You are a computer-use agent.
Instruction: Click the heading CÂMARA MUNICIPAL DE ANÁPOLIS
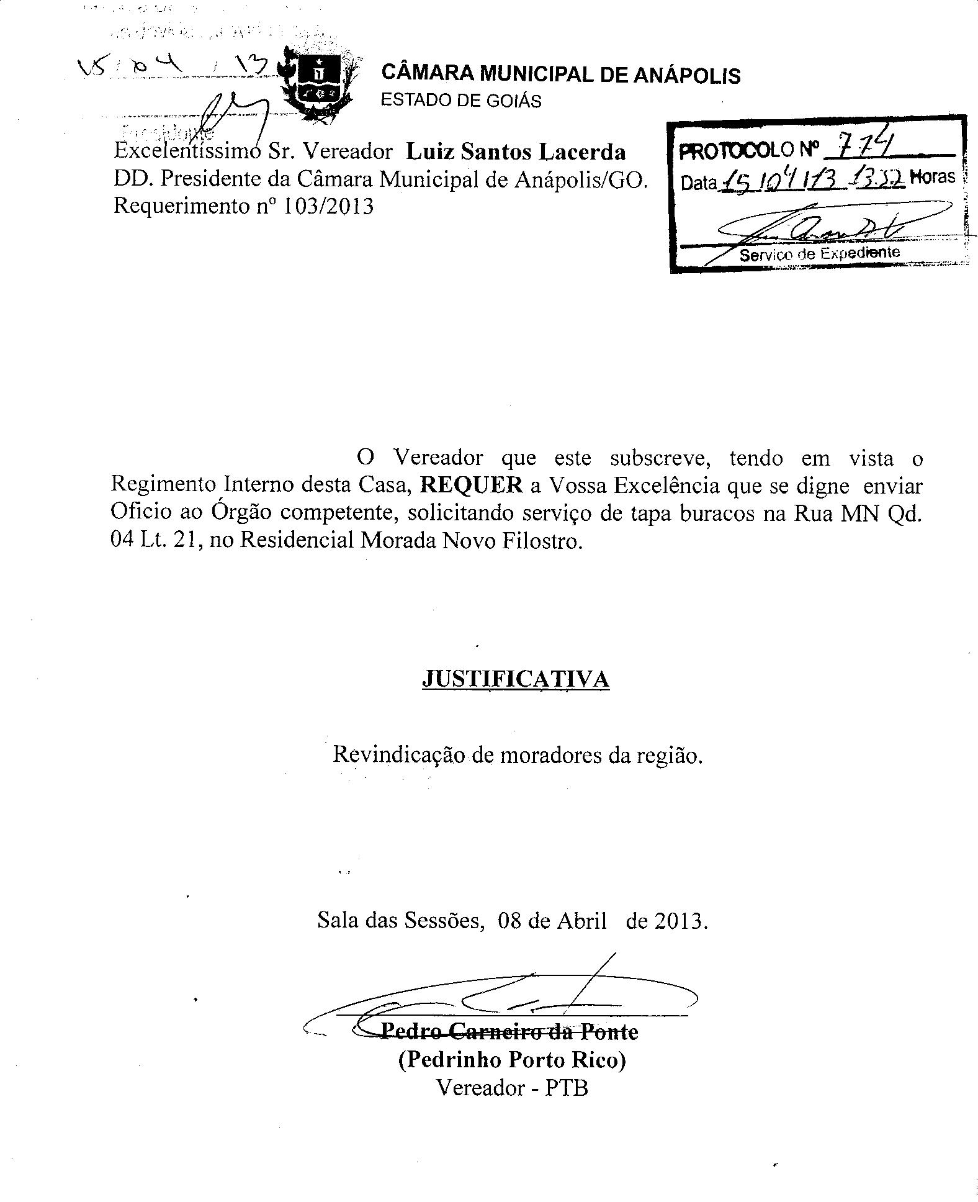(560, 75)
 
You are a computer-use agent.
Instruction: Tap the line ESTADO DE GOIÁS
(460, 101)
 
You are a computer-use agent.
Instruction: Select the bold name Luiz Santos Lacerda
(516, 152)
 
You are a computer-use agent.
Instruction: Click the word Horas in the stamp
(932, 178)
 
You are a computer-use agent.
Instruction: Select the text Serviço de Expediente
(819, 253)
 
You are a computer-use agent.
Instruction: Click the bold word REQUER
(472, 486)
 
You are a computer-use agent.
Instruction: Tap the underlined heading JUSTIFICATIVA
(516, 679)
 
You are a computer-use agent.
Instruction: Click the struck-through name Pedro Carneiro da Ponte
(509, 1032)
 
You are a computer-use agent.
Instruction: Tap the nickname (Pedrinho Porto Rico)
(512, 1059)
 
